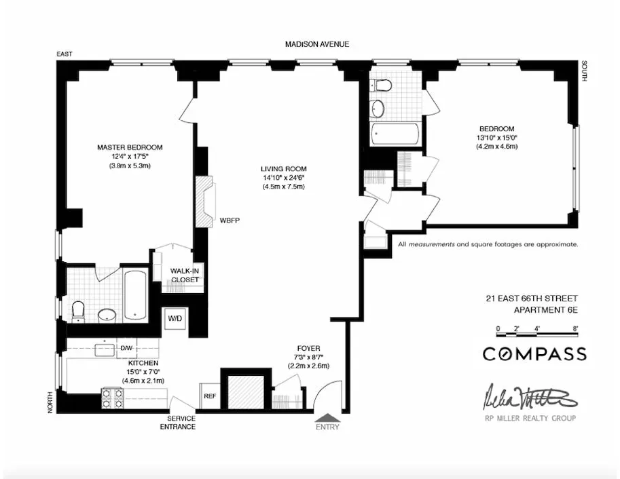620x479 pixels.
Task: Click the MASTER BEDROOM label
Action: [x=130, y=147]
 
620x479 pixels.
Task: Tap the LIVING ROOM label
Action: [x=284, y=169]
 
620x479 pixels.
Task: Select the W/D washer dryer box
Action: [x=175, y=318]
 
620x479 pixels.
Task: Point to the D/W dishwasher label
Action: [x=126, y=349]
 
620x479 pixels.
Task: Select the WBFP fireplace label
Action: [x=226, y=221]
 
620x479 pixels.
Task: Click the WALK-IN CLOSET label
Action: [x=184, y=275]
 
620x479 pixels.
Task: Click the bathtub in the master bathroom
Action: [x=136, y=295]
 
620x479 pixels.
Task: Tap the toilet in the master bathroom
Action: [x=78, y=309]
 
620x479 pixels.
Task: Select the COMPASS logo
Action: [x=534, y=353]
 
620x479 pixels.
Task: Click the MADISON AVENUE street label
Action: [x=317, y=44]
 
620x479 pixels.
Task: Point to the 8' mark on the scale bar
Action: [x=575, y=328]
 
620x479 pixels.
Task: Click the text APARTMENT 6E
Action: [x=545, y=311]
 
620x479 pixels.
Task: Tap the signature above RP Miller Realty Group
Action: [x=530, y=396]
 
